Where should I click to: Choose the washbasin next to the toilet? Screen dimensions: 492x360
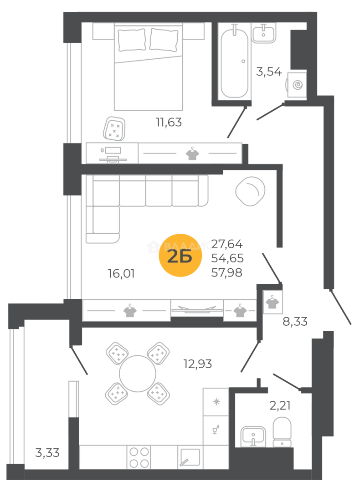[x=252, y=433]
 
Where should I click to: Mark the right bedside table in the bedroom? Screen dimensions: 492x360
[x=194, y=31]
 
